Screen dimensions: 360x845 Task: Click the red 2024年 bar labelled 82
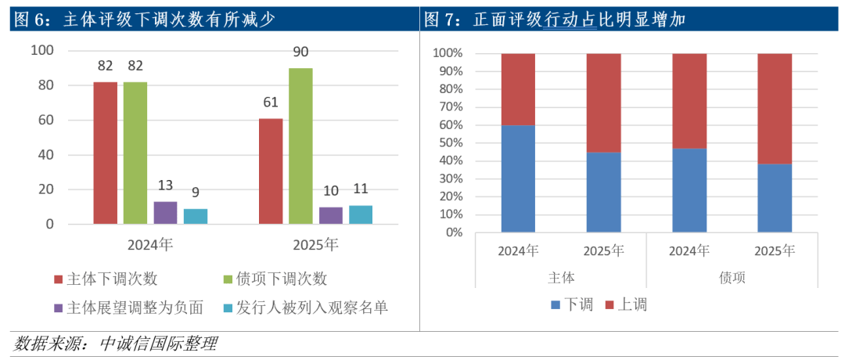point(105,153)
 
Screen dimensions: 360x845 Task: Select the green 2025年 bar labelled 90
point(300,146)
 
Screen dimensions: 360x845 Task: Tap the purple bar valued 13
point(165,212)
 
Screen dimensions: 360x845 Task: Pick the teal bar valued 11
point(360,214)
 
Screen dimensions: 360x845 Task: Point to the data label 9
point(195,191)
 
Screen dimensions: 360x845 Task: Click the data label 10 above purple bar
point(330,190)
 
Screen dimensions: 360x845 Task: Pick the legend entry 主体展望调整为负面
point(129,308)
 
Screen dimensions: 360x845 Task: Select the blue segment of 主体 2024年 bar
point(518,178)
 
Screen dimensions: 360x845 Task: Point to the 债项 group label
point(732,278)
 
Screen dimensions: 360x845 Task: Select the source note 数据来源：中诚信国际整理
point(115,344)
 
